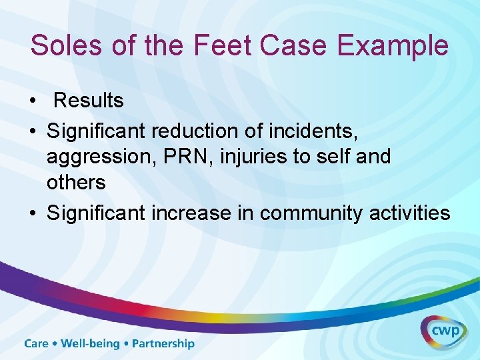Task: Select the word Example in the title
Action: [393, 46]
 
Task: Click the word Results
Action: [88, 101]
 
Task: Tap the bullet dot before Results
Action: [33, 102]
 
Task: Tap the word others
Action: [76, 182]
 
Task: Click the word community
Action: [316, 213]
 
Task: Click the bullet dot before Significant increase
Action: [33, 214]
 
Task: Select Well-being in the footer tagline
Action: [90, 344]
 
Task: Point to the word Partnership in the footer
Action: [163, 344]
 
